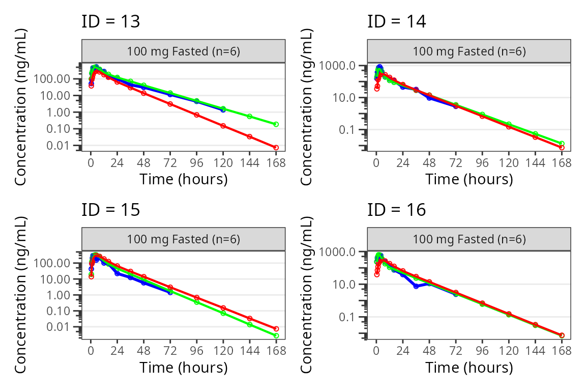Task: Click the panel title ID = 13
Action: [110, 21]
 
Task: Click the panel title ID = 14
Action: [396, 21]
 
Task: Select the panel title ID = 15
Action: [110, 209]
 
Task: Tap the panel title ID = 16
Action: [396, 209]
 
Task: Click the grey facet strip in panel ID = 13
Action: [183, 51]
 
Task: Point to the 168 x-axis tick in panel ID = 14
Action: [562, 163]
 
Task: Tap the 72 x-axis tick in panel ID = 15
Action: [170, 351]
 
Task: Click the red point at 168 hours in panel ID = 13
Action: [276, 148]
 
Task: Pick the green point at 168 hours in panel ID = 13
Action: [276, 124]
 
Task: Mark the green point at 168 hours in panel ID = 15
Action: [276, 336]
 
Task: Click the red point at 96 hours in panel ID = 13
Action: [196, 115]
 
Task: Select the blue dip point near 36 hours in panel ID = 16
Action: [416, 286]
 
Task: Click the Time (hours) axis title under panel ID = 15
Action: [183, 367]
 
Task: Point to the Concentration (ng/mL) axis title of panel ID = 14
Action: [307, 107]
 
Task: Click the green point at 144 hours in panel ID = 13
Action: [249, 117]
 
